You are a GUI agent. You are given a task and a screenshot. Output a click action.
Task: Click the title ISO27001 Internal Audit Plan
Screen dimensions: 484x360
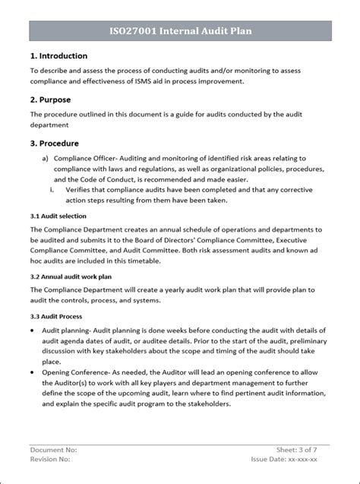click(x=180, y=32)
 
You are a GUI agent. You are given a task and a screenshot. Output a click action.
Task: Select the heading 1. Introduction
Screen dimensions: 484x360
click(x=58, y=56)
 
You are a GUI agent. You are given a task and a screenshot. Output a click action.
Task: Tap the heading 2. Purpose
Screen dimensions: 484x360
click(x=51, y=100)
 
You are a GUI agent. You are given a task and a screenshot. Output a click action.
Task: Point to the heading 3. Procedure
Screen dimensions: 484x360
click(x=56, y=143)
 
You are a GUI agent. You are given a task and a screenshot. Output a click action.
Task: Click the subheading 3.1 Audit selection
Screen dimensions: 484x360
click(x=59, y=216)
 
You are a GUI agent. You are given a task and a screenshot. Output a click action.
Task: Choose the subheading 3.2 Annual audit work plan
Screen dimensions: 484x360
click(x=71, y=277)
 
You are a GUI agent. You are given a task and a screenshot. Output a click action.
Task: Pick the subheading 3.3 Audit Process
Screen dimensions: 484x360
click(x=57, y=316)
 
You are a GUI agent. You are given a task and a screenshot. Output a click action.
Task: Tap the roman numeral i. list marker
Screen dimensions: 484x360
click(x=53, y=189)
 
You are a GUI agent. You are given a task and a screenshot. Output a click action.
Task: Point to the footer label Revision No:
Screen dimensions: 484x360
click(x=50, y=460)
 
